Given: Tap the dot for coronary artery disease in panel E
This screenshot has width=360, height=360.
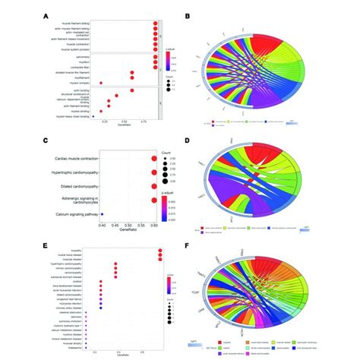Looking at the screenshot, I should [x=104, y=306].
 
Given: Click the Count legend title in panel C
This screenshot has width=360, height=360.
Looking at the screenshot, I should [x=167, y=150].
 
